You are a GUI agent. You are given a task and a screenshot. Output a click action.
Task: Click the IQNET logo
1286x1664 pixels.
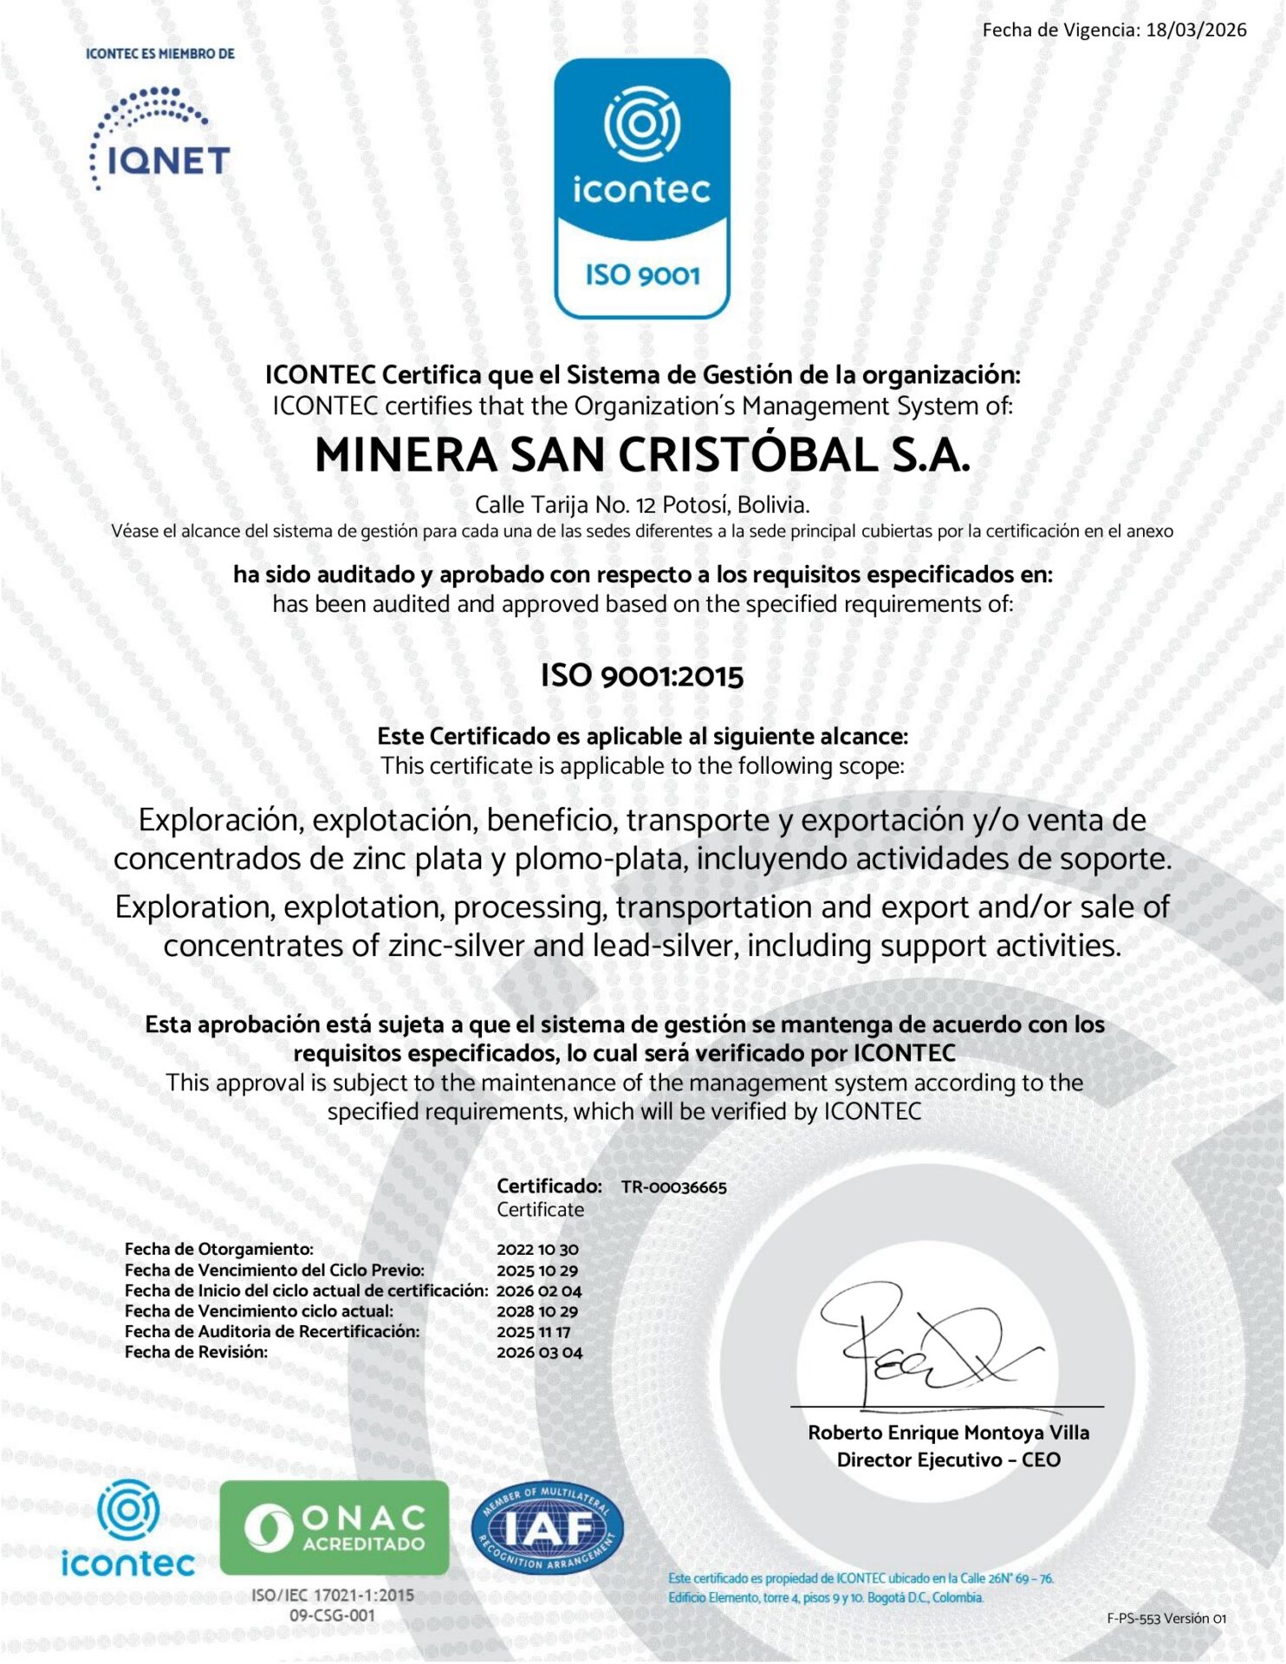coord(159,139)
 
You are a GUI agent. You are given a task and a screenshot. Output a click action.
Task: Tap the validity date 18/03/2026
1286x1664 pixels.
coord(1196,30)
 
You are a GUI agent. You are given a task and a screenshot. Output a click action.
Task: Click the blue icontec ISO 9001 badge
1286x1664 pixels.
coord(642,188)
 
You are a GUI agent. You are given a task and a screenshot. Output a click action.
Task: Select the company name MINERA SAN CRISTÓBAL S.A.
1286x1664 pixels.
coord(642,456)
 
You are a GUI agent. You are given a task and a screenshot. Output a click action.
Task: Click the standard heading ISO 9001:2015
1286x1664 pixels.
coord(642,676)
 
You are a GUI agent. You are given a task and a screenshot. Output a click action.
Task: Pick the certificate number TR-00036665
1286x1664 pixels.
coord(673,1187)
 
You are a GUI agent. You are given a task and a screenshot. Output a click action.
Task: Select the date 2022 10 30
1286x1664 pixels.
coord(537,1250)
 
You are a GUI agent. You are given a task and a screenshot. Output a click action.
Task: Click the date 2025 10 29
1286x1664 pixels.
coord(537,1271)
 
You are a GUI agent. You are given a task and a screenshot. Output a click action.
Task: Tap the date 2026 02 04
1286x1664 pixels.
coord(538,1291)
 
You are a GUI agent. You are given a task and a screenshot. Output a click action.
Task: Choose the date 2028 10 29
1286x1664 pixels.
coord(537,1311)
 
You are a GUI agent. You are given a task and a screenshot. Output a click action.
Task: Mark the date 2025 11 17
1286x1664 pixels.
coord(534,1332)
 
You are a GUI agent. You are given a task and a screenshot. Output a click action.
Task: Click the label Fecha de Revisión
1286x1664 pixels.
coord(196,1352)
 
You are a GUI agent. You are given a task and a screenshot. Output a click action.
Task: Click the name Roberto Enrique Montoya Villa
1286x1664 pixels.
coord(948,1433)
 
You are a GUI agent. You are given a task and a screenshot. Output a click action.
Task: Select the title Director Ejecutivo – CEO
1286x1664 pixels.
coord(948,1460)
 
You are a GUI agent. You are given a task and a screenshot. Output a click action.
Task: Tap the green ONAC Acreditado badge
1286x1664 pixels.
coord(334,1527)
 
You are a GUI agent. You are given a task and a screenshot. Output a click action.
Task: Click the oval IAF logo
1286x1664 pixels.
coord(547,1528)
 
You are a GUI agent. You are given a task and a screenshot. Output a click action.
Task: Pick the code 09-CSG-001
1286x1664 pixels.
coord(333,1615)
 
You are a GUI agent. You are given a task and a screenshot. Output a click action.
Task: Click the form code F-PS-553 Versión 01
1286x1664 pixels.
coord(1166,1618)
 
